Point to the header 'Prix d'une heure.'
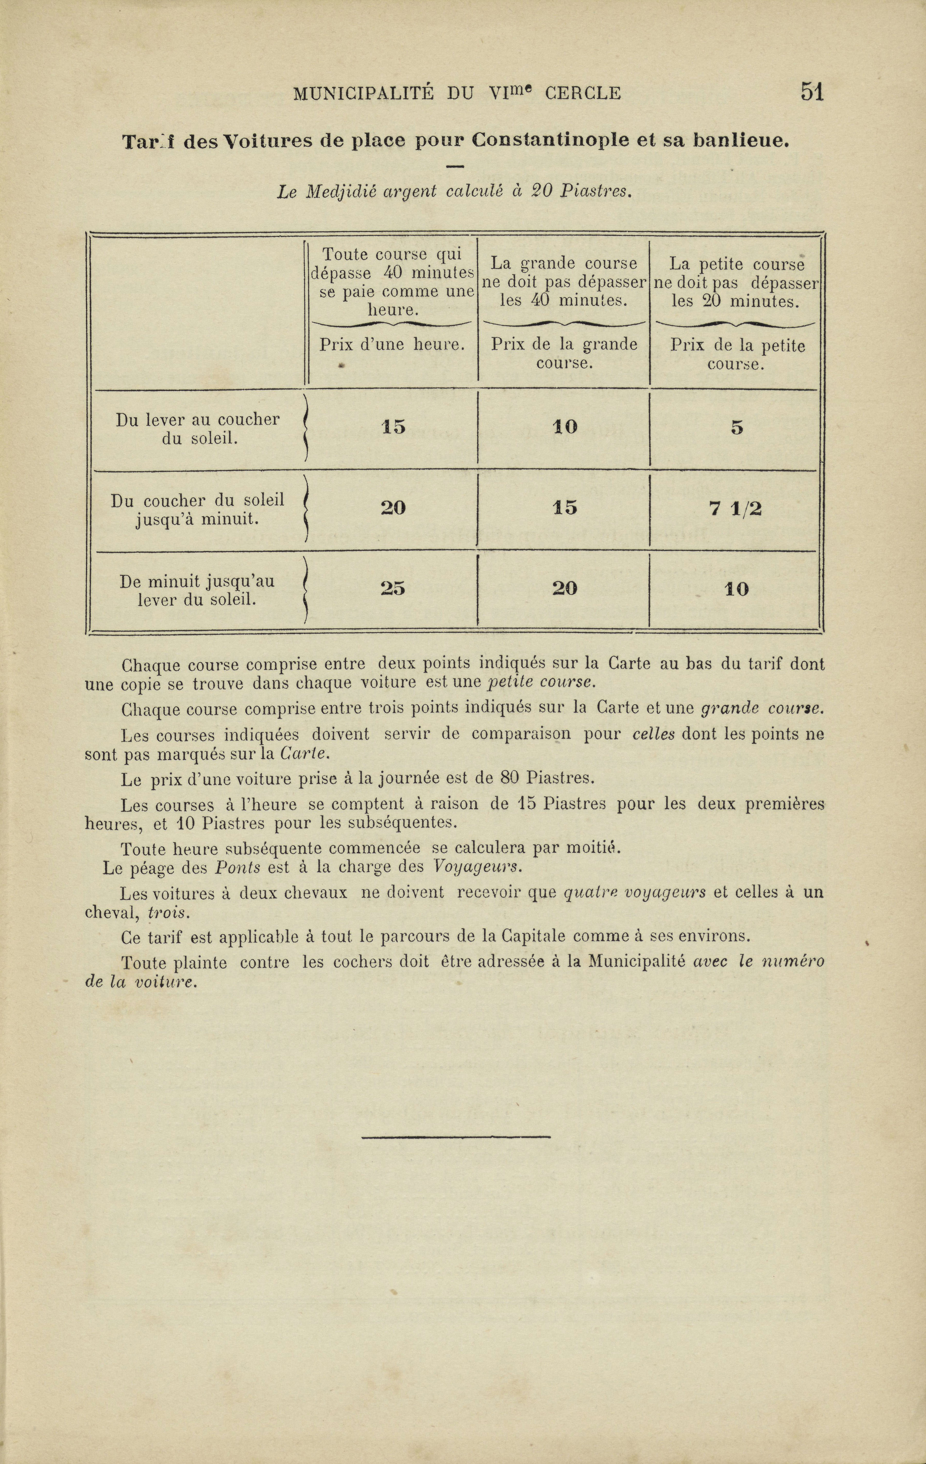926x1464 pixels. (x=392, y=345)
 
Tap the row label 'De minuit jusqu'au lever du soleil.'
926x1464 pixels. (x=197, y=590)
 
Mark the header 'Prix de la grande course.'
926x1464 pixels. (x=564, y=353)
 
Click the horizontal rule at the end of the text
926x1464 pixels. (x=456, y=1136)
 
